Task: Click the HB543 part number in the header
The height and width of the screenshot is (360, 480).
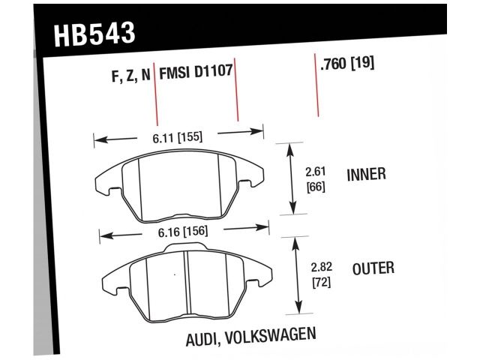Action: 94,35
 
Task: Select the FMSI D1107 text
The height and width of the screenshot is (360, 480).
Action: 196,73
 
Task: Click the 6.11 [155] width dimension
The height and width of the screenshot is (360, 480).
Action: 178,137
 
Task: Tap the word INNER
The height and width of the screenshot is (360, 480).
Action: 366,175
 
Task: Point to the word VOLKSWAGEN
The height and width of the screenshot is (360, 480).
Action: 274,336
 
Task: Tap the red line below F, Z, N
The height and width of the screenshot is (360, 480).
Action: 156,101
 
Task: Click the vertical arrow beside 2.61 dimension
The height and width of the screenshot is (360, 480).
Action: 291,178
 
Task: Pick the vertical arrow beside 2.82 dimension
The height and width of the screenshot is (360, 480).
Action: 298,274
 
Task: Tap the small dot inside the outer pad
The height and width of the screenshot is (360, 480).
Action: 175,275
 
